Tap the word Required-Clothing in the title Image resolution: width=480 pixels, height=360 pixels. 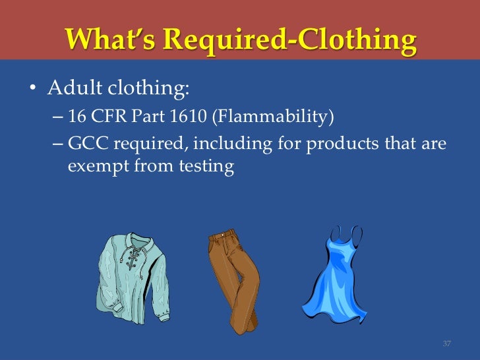point(289,40)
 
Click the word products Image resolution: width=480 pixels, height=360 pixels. point(337,144)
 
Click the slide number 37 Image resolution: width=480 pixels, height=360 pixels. point(446,344)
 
